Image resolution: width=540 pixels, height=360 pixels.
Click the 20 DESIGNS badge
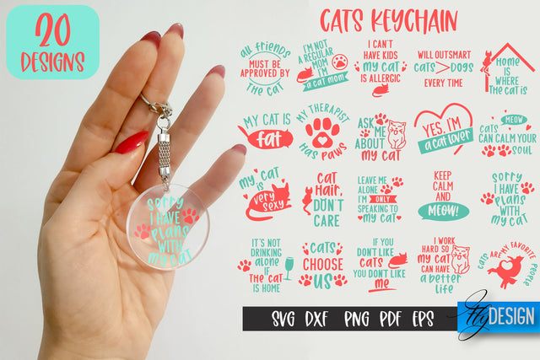[52, 42]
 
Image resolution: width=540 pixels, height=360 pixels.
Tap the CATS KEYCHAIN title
[388, 19]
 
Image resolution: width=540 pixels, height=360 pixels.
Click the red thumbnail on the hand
[131, 142]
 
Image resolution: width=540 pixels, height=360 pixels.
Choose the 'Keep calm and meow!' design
[443, 195]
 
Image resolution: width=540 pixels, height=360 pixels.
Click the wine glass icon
[288, 266]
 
